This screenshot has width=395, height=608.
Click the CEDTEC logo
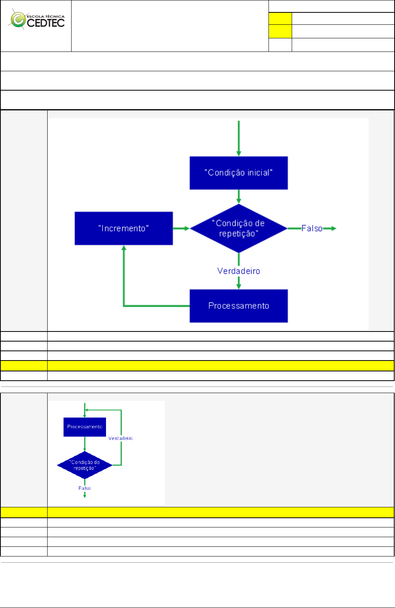coord(37,20)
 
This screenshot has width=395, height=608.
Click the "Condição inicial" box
coord(238,173)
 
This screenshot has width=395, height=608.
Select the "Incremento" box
coord(123,228)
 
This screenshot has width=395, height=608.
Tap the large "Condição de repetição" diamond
coord(238,228)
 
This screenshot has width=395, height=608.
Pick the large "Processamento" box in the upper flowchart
coord(238,306)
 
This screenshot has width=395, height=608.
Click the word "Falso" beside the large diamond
coord(311,228)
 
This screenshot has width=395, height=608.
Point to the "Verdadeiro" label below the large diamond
coord(238,271)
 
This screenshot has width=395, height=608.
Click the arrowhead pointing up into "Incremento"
coord(124,248)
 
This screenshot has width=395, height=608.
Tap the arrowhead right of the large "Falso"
coord(333,228)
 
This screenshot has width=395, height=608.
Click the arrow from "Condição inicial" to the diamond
coord(239,196)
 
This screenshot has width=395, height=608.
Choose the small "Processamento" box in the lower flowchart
coord(85,427)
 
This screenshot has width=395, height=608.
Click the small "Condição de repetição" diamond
coord(85,465)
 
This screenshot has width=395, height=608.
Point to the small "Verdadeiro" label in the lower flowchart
coord(120,438)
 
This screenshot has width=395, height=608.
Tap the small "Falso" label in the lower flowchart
coord(85,488)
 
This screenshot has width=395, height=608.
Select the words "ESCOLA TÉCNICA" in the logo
coord(46,17)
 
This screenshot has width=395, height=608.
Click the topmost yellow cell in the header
coord(280,18)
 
